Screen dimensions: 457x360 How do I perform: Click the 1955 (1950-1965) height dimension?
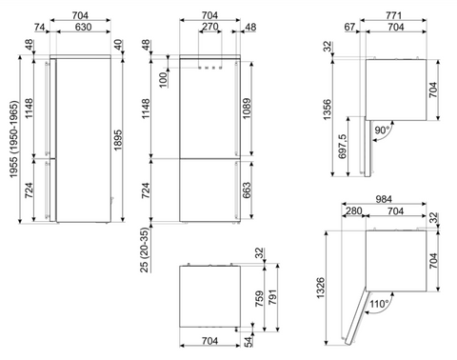point(14,139)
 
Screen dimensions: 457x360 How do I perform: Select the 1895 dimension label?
point(118,140)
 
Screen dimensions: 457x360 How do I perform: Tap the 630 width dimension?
point(83,27)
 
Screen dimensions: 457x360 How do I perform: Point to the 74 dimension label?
point(39,28)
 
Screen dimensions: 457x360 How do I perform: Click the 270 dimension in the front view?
point(209,27)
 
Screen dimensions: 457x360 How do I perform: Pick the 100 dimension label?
point(163,80)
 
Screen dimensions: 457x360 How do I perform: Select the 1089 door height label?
point(247,109)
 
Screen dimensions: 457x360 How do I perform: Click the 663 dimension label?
point(247,190)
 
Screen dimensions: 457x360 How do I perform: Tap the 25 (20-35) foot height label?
point(145,250)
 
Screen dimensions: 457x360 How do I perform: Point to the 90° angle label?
point(382,130)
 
